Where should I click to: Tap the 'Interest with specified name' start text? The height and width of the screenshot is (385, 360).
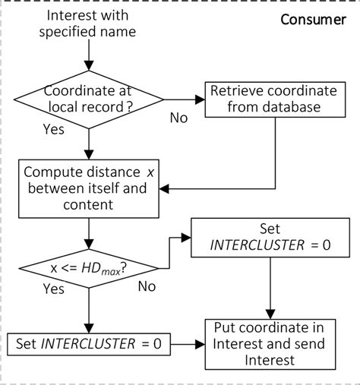click(x=89, y=24)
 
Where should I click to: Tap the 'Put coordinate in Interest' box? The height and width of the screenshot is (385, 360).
click(x=270, y=343)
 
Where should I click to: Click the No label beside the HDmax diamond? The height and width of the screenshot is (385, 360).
click(x=148, y=286)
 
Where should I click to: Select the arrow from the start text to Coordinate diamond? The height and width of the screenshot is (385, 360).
click(x=90, y=52)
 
